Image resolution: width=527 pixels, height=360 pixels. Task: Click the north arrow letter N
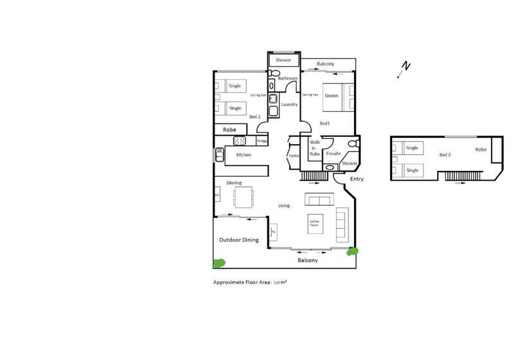tap(406, 65)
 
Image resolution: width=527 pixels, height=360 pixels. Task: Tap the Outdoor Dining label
tap(238, 240)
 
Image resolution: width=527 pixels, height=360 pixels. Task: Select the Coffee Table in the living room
tap(314, 222)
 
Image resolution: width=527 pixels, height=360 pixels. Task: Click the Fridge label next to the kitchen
tap(262, 141)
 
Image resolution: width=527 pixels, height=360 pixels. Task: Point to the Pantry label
tap(294, 156)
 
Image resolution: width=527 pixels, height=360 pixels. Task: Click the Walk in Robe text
tap(315, 148)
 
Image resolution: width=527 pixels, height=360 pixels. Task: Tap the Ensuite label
tap(333, 154)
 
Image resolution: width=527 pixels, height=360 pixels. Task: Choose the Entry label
tap(357, 179)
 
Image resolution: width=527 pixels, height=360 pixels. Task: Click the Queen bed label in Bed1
tap(331, 96)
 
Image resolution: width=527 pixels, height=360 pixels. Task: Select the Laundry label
tap(289, 104)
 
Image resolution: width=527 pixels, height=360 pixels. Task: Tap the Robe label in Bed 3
tap(481, 149)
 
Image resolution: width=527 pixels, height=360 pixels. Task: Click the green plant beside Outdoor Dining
tap(219, 262)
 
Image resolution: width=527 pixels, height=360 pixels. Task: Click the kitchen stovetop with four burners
tap(240, 141)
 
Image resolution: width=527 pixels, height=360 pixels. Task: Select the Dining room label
tap(233, 183)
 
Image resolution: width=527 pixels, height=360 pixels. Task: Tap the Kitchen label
tap(244, 156)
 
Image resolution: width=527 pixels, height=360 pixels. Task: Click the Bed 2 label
tap(255, 117)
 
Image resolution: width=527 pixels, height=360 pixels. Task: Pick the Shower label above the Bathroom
tap(283, 60)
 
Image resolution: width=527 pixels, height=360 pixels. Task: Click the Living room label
tap(284, 206)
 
